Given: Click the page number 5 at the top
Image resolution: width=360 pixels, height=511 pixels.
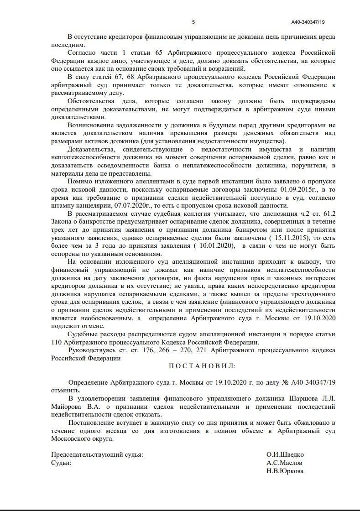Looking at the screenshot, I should (193, 22).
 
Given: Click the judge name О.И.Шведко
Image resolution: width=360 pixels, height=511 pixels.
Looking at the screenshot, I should (285, 455).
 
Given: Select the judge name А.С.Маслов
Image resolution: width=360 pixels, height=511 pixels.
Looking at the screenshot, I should (284, 463).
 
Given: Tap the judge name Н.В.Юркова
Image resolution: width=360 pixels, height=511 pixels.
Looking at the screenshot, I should (285, 471).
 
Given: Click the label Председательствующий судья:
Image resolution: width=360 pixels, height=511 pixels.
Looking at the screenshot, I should (97, 455).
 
